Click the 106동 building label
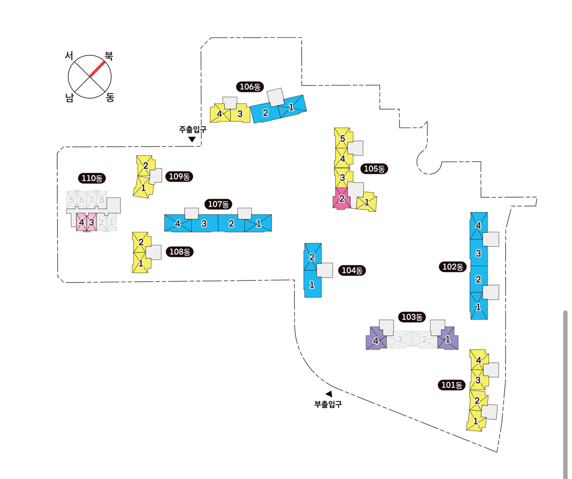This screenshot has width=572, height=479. (x=250, y=87)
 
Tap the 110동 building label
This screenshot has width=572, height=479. (x=91, y=178)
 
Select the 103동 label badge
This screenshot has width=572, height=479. (x=412, y=317)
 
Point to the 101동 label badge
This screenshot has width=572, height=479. (x=451, y=385)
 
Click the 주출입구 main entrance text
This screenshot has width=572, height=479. (x=193, y=130)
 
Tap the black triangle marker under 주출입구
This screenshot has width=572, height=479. (x=192, y=139)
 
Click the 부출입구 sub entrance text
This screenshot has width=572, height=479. (x=328, y=404)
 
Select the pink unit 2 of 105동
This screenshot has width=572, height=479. (x=342, y=199)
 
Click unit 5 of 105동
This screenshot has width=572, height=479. (x=342, y=139)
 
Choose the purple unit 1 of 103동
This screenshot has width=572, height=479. (x=447, y=339)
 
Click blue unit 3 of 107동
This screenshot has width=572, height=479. (x=204, y=224)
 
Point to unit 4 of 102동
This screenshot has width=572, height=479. (x=478, y=226)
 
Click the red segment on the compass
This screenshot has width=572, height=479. (x=97, y=69)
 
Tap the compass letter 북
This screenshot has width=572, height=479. (x=109, y=56)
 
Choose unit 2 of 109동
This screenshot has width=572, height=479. (x=145, y=166)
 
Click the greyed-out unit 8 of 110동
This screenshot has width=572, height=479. (x=101, y=200)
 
